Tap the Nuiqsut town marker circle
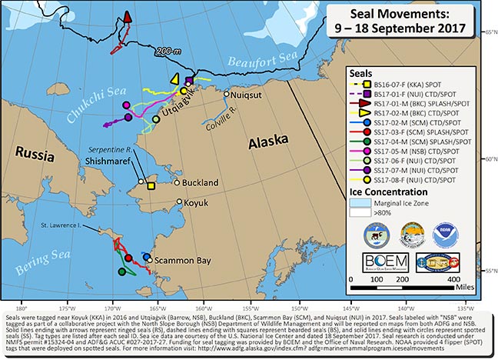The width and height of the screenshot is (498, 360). point(227,94)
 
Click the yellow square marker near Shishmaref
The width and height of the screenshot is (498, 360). point(151,185)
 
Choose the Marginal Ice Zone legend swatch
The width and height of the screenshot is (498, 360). point(359,204)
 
